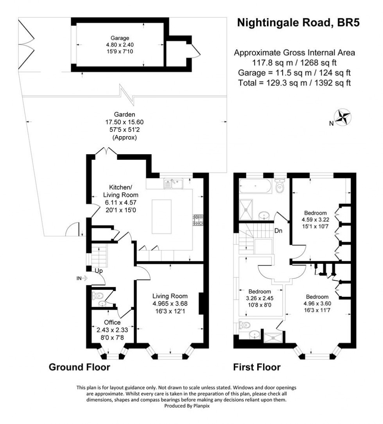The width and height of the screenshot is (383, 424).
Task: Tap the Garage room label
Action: click(120, 38)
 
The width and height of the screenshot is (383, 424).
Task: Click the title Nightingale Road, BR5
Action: click(299, 23)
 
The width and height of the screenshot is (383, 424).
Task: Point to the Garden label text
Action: click(124, 115)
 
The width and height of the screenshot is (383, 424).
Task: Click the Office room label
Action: click(112, 323)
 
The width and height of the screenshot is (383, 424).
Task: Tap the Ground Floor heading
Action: click(79, 367)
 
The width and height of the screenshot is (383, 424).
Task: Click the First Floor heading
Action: click(257, 367)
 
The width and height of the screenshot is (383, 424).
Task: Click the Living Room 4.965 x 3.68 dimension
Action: click(170, 303)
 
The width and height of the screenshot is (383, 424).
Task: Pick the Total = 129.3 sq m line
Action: click(294, 83)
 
